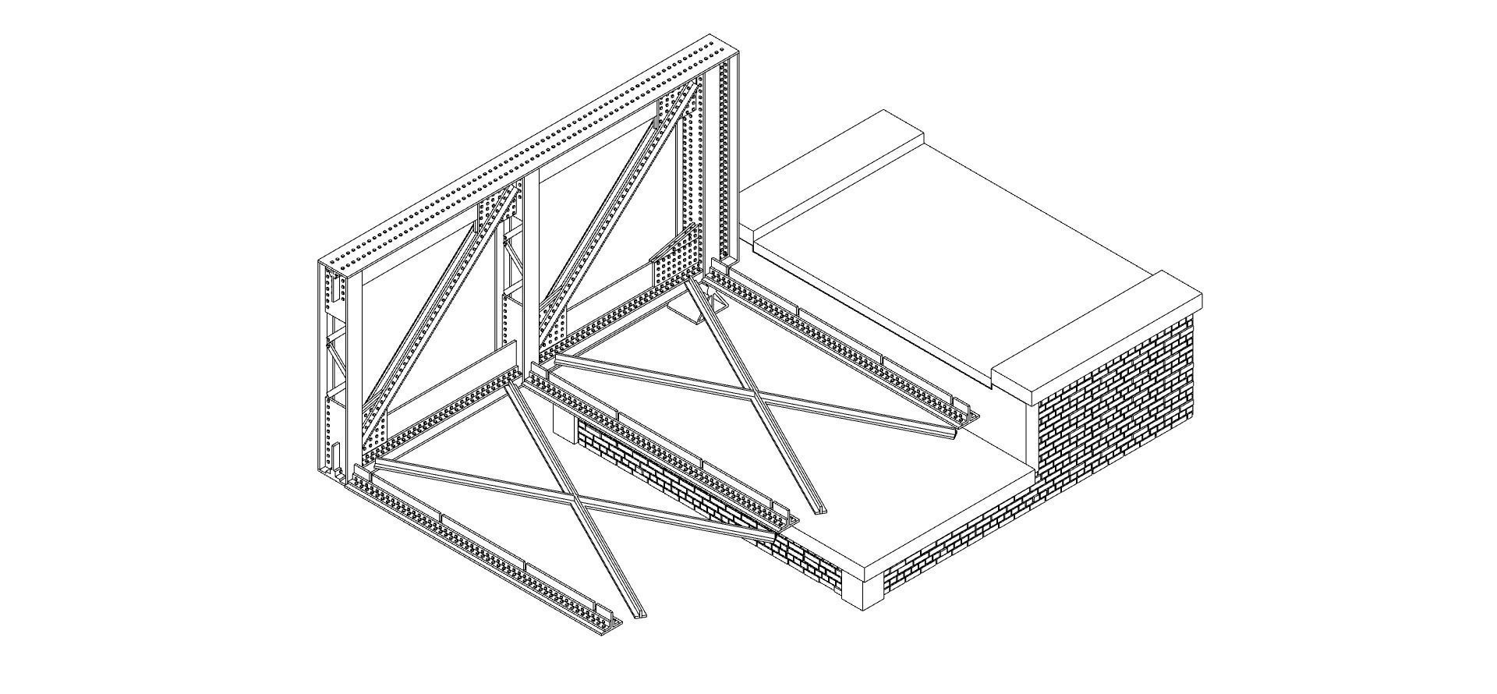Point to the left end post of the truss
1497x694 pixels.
pyautogui.click(x=331, y=366)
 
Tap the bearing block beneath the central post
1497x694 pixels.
pyautogui.click(x=564, y=422)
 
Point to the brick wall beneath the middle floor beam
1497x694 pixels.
pyautogui.click(x=671, y=483)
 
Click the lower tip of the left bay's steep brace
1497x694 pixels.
pyautogui.click(x=635, y=613)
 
